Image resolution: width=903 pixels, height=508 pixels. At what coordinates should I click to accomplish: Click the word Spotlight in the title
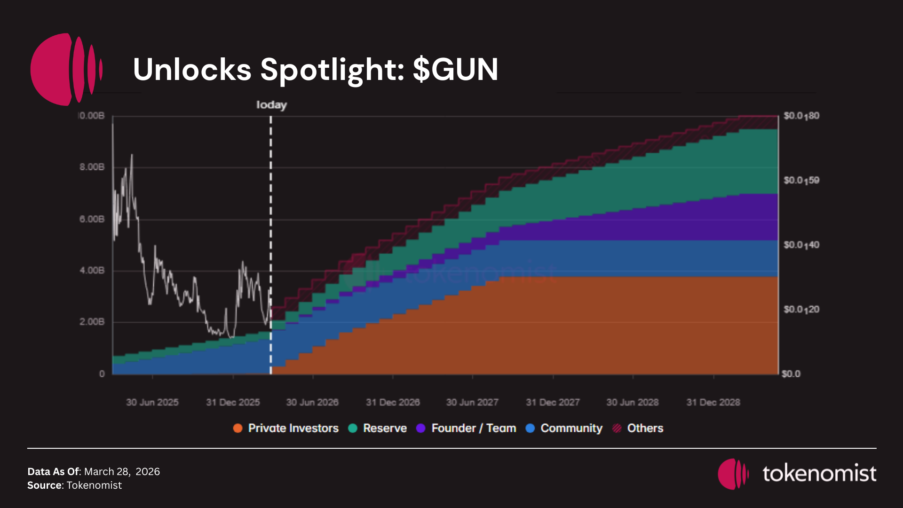[332, 70]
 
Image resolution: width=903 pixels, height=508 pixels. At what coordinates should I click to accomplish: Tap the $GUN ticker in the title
[455, 70]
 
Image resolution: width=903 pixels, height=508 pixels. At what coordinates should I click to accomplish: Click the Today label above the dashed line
[271, 105]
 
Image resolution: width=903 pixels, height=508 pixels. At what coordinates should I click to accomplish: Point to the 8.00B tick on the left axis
[92, 167]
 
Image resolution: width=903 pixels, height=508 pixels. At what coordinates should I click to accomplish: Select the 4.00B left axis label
[92, 270]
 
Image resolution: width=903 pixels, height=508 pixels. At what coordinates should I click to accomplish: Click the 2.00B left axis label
[92, 322]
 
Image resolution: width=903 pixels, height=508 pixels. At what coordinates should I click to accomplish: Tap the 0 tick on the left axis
[102, 374]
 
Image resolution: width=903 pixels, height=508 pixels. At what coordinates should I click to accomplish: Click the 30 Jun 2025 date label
[152, 403]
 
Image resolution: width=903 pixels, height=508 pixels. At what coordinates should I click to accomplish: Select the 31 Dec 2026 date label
[393, 403]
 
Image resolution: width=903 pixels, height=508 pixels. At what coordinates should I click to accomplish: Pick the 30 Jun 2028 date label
[632, 403]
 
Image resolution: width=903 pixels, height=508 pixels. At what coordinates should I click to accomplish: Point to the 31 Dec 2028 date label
[713, 403]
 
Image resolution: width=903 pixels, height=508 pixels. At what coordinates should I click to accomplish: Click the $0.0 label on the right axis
[791, 374]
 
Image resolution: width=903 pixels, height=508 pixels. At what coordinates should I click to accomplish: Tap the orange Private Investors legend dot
[238, 428]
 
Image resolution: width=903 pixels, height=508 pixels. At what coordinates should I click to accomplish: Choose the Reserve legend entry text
[385, 428]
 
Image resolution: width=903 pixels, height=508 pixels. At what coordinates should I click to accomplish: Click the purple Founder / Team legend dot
[420, 428]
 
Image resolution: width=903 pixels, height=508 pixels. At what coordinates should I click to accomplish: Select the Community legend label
[571, 428]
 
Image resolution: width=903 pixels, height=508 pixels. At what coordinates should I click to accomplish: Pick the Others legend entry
[645, 428]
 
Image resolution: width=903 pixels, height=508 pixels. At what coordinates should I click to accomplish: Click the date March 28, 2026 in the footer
[122, 471]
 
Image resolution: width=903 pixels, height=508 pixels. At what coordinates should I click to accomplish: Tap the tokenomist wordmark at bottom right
[819, 473]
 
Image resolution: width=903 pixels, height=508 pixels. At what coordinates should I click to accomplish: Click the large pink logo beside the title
[66, 69]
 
